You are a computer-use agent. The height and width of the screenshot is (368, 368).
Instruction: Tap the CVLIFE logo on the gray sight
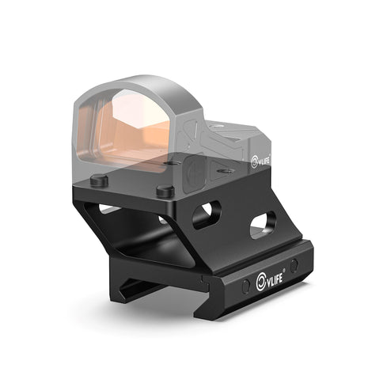pos(261,162)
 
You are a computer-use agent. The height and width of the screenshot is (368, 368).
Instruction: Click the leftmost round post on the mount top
pos(99,180)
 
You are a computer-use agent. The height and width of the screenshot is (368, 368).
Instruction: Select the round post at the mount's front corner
pos(165,192)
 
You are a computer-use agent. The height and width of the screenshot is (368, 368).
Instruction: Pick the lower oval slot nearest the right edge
pos(264,226)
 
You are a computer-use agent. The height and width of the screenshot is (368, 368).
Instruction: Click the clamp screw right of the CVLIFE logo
pos(294,265)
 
